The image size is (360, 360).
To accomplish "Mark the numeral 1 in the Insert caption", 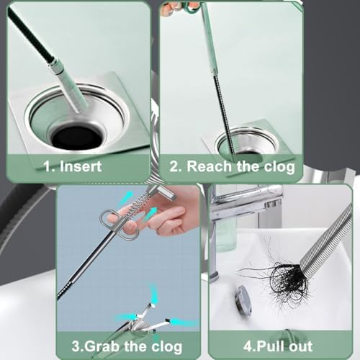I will tap(48, 166).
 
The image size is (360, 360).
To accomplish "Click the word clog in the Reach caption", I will tap(279, 166).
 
